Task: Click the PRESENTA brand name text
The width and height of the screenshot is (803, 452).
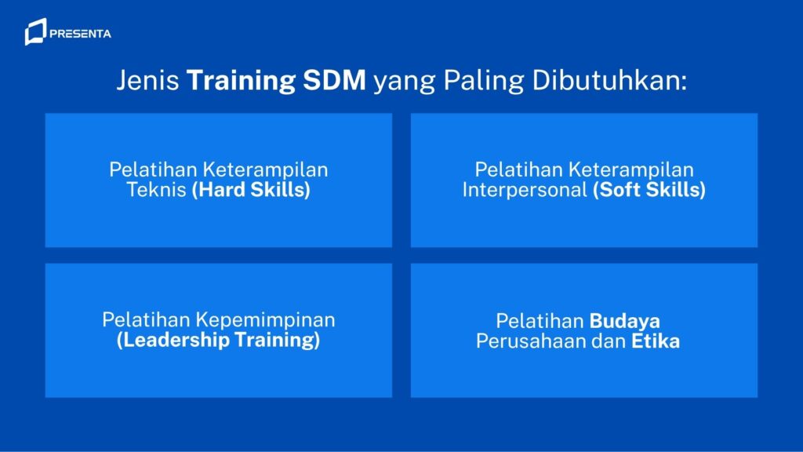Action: click(x=80, y=34)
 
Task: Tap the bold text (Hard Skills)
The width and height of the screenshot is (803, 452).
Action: click(x=251, y=190)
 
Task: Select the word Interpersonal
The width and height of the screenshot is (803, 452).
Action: click(x=524, y=190)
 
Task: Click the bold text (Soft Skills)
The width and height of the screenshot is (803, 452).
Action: click(x=649, y=190)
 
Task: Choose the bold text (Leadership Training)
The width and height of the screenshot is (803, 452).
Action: click(x=219, y=341)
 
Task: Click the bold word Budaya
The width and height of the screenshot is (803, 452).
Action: click(x=624, y=321)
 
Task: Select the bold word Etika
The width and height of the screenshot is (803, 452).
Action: click(x=655, y=341)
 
